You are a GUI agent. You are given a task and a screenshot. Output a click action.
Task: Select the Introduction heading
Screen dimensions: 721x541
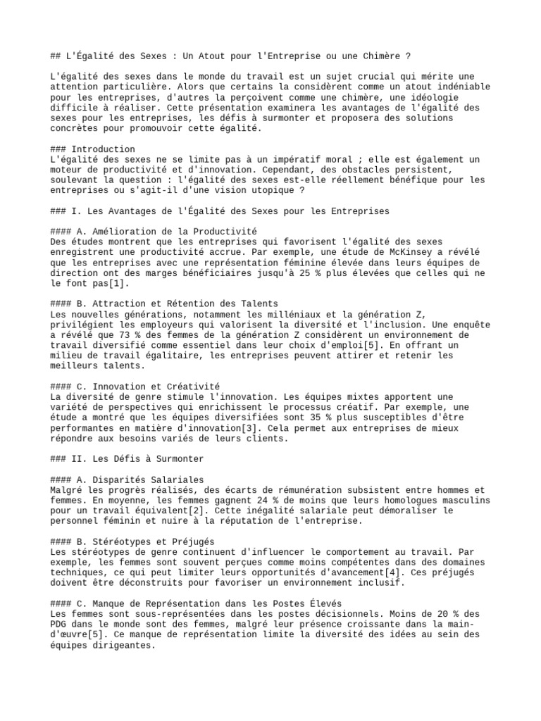103,149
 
